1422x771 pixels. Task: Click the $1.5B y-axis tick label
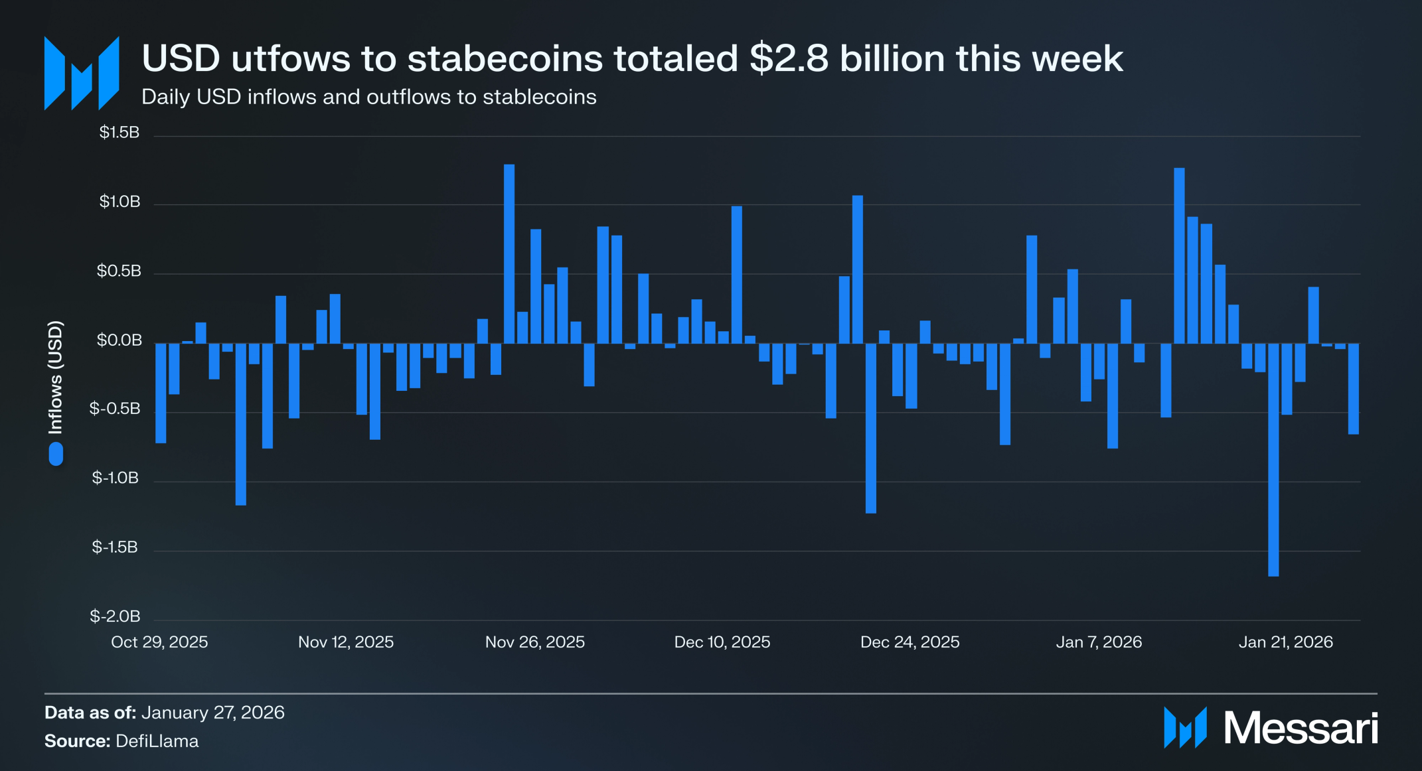[x=119, y=133]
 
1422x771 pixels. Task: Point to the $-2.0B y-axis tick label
[x=116, y=616]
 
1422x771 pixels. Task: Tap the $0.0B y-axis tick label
[x=119, y=340]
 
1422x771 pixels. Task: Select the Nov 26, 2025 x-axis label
[x=535, y=642]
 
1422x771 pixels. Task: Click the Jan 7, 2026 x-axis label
[x=1099, y=642]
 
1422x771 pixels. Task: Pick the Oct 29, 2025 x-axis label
[x=159, y=642]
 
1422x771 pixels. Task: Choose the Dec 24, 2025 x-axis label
[x=910, y=642]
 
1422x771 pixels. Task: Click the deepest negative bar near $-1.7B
[x=1273, y=460]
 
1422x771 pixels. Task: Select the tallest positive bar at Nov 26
[x=509, y=253]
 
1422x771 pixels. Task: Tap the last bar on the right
[x=1354, y=389]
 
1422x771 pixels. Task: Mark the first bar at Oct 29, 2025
[x=161, y=393]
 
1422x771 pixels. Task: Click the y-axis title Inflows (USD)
[x=56, y=378]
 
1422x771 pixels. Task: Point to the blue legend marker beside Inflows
[x=56, y=454]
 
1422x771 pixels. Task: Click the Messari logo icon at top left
[x=82, y=73]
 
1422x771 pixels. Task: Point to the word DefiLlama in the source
[x=157, y=741]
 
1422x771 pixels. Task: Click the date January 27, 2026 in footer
[x=213, y=713]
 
